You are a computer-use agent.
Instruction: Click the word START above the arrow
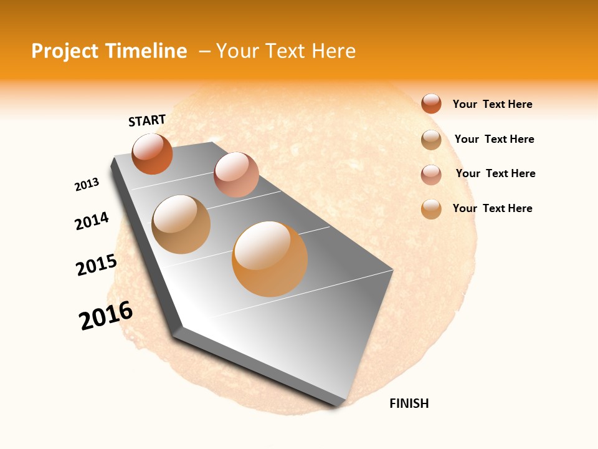coord(147,120)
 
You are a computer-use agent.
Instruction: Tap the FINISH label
coord(409,403)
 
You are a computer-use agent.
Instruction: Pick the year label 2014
coord(92,221)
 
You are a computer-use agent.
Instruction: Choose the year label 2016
coord(106,316)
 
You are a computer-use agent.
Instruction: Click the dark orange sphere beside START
coord(152,153)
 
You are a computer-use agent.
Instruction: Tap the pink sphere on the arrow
coord(236,175)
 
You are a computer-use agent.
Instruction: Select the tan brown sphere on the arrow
coord(181,224)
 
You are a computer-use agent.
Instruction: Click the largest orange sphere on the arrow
coord(270,258)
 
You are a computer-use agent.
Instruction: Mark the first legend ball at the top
coord(431,104)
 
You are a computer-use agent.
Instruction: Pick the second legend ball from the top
coord(431,140)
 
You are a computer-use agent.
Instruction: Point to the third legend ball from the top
coord(431,175)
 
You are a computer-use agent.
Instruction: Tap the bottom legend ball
coord(431,209)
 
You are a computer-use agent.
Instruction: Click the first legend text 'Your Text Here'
coord(492,105)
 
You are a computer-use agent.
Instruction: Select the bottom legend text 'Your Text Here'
coord(492,208)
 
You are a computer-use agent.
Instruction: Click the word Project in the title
coord(65,51)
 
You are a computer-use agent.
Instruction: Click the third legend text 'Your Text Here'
coord(495,173)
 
